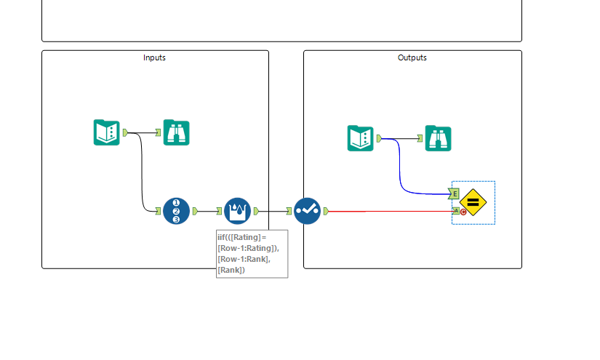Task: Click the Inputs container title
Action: [x=154, y=57]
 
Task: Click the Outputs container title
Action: [x=412, y=57]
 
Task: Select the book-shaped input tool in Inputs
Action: [x=106, y=132]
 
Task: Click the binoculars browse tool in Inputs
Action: [x=176, y=132]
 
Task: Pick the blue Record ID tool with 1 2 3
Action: [x=176, y=211]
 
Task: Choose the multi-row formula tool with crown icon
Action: [x=237, y=211]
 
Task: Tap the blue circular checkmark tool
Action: [x=307, y=211]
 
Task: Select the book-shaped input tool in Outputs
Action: [x=360, y=138]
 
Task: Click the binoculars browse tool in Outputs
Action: [x=438, y=138]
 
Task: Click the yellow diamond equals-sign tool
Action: [x=473, y=202]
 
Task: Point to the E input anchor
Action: [x=455, y=193]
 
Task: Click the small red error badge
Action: [x=463, y=212]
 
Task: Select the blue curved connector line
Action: [x=401, y=175]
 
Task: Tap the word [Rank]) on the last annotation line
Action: [x=231, y=270]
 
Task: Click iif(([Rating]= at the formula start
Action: [x=242, y=237]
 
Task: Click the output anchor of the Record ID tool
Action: [x=195, y=211]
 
